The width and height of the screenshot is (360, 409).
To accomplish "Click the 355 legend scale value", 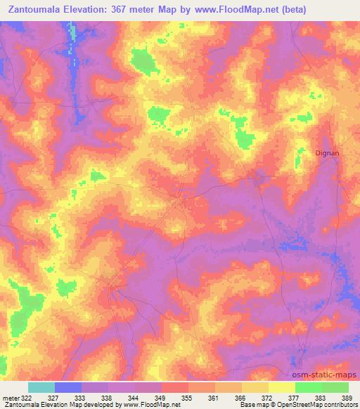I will [x=188, y=397].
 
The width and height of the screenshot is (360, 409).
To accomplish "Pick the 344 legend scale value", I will [x=135, y=397].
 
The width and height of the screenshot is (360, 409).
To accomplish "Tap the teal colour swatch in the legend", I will [x=41, y=387].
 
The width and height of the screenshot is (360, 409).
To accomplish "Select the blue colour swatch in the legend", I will [x=68, y=387].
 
